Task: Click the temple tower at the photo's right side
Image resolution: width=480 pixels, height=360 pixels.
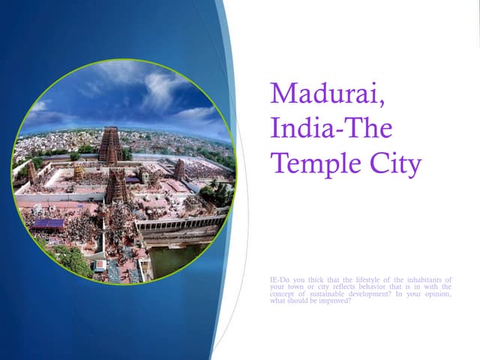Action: point(179,169)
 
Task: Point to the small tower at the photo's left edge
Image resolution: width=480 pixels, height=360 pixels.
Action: point(32,174)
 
